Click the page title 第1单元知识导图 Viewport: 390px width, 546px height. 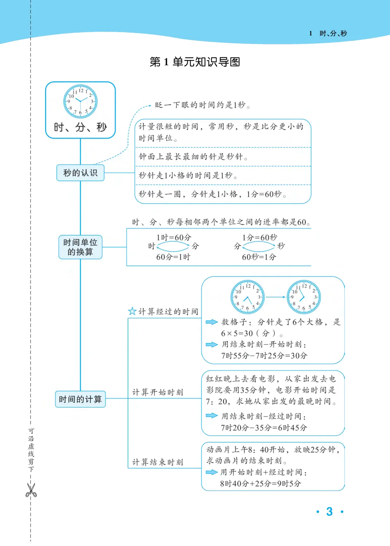(x=195, y=62)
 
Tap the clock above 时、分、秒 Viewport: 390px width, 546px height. (x=80, y=101)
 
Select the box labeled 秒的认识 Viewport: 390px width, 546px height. (x=80, y=173)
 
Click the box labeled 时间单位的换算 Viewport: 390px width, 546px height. (x=80, y=247)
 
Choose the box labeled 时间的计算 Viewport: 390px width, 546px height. (x=80, y=399)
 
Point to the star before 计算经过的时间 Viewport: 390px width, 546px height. (x=132, y=311)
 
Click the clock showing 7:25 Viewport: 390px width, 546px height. (x=247, y=297)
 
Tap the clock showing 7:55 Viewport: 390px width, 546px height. (x=304, y=297)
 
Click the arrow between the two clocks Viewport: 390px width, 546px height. (x=276, y=297)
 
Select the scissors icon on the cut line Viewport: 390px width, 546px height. (x=31, y=490)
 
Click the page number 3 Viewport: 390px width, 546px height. (x=329, y=511)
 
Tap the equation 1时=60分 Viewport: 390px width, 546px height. (x=174, y=238)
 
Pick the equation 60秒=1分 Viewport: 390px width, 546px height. (x=259, y=257)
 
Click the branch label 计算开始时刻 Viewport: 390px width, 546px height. (x=157, y=392)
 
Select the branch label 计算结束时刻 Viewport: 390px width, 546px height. (x=157, y=462)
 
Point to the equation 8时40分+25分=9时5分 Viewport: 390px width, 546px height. (x=260, y=483)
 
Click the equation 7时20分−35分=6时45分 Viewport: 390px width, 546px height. (x=264, y=428)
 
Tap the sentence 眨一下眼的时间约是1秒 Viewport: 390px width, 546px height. (x=202, y=105)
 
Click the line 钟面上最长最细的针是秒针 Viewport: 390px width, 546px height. (x=193, y=157)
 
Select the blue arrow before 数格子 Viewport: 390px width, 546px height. (x=211, y=322)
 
